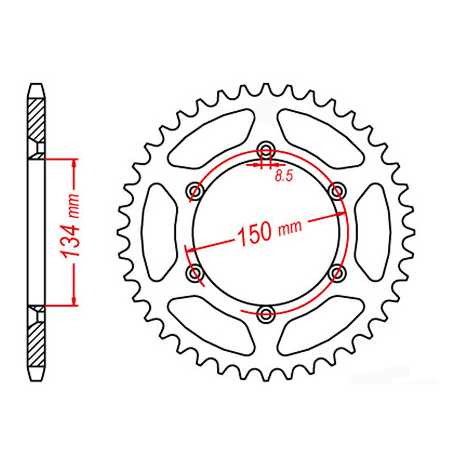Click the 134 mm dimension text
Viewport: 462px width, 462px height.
pos(71,231)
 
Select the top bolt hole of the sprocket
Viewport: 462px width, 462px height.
pos(266,149)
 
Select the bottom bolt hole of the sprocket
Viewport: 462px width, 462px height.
pos(266,313)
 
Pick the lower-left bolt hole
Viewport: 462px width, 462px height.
pos(195,272)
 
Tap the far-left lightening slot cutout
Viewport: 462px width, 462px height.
pos(160,231)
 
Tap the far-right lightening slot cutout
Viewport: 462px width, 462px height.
pos(372,231)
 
